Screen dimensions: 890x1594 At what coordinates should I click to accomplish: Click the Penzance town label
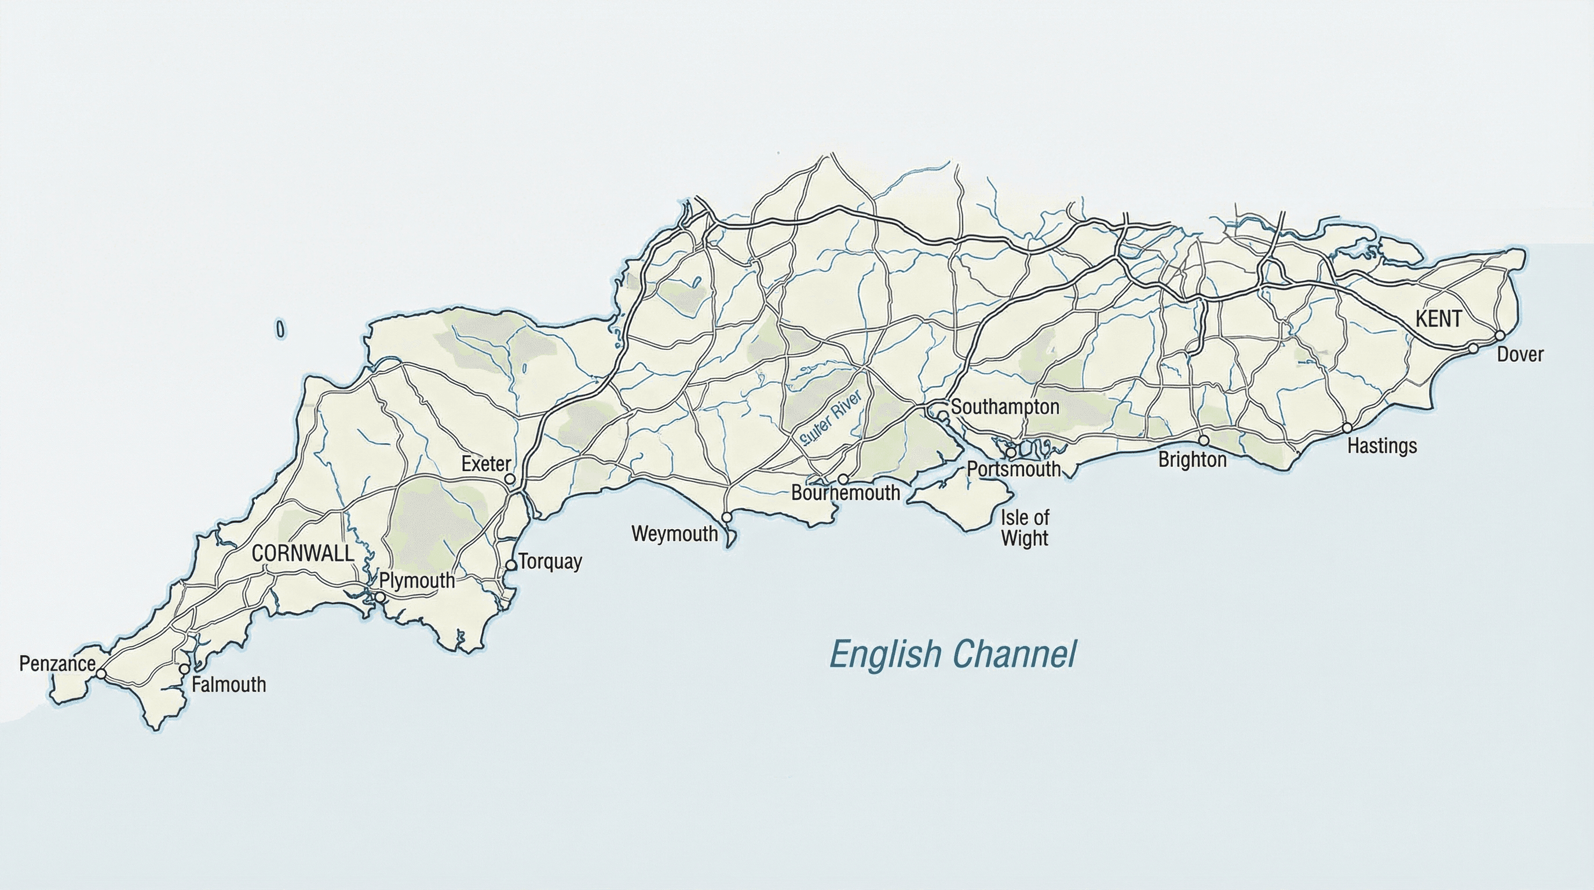click(57, 664)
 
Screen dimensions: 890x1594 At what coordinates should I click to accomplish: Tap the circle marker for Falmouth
click(184, 669)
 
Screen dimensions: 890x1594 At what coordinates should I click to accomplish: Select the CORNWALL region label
click(302, 553)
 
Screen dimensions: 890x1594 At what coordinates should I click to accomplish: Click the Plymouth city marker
click(380, 597)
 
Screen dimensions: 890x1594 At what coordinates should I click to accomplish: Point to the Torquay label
click(550, 562)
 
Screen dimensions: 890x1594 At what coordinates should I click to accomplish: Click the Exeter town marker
click(510, 479)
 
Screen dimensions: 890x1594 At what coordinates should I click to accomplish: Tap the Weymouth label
click(674, 534)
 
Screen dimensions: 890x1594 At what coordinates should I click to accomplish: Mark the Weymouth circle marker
click(727, 517)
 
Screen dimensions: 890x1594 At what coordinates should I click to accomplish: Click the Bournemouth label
click(845, 493)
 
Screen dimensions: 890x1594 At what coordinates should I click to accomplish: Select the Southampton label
click(1005, 407)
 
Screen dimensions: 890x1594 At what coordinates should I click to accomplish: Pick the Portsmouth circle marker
click(1011, 453)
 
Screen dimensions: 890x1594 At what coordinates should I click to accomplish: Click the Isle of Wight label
click(1025, 527)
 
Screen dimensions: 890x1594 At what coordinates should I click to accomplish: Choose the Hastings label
click(1382, 446)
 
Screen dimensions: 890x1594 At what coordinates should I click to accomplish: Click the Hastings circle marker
click(1347, 428)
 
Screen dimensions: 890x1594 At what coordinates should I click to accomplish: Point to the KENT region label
click(1439, 319)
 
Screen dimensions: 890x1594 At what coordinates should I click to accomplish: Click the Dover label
click(1520, 355)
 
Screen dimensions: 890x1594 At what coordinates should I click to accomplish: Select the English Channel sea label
click(952, 655)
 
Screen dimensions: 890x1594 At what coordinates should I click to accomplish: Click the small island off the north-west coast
click(280, 329)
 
